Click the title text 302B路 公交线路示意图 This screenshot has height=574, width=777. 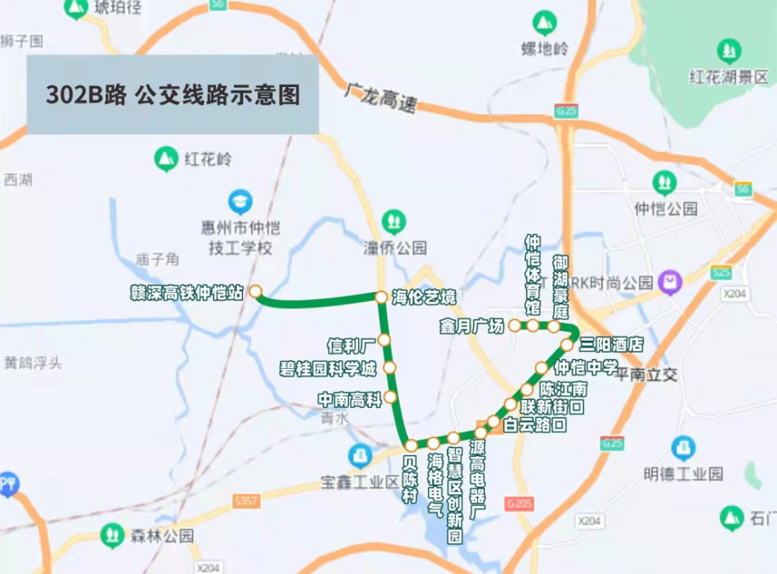pyautogui.click(x=172, y=95)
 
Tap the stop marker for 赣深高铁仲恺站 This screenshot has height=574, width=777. pyautogui.click(x=255, y=292)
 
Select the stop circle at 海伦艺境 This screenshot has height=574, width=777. pyautogui.click(x=382, y=297)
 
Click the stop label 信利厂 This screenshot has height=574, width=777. pyautogui.click(x=351, y=343)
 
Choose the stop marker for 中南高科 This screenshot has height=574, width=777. pyautogui.click(x=390, y=398)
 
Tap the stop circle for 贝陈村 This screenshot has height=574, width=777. pyautogui.click(x=411, y=445)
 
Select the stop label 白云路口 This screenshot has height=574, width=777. pyautogui.click(x=535, y=425)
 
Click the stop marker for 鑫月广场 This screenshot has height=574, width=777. pyautogui.click(x=514, y=326)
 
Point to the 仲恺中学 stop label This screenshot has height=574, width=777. pyautogui.click(x=586, y=367)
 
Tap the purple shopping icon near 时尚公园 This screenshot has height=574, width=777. pyautogui.click(x=669, y=282)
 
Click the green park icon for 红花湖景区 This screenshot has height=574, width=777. pyautogui.click(x=729, y=52)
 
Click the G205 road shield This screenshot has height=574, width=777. pyautogui.click(x=519, y=504)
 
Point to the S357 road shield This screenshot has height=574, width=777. pyautogui.click(x=246, y=502)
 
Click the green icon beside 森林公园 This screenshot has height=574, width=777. pyautogui.click(x=113, y=535)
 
